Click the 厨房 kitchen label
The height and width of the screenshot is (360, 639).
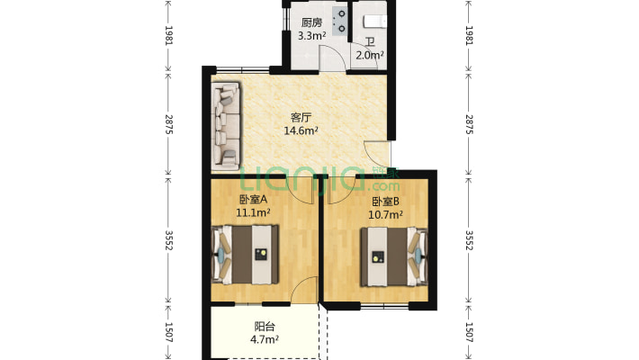(311, 22)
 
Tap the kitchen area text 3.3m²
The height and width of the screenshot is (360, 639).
(311, 35)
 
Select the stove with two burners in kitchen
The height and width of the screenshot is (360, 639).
(340, 22)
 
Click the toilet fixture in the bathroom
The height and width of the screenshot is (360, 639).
(375, 22)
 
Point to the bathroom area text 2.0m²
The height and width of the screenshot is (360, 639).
(370, 55)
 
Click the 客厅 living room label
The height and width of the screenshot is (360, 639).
(301, 118)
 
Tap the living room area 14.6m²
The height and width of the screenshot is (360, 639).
(301, 130)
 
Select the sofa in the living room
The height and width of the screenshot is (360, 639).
(226, 126)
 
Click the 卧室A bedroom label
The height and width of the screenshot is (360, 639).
(253, 200)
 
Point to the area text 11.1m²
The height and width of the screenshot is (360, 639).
(253, 212)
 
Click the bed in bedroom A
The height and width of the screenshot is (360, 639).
(246, 255)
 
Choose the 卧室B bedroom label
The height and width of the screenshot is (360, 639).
(385, 202)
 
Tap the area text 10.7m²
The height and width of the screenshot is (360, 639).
(385, 214)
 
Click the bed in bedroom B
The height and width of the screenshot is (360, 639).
(394, 256)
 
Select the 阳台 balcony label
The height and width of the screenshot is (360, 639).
(265, 327)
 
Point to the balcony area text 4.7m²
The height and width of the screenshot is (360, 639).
(265, 339)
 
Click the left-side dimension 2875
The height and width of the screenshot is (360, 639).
(168, 124)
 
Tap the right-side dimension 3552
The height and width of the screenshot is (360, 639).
(469, 240)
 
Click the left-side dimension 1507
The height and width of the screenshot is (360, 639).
(168, 332)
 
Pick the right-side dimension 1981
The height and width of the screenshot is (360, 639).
(469, 35)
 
